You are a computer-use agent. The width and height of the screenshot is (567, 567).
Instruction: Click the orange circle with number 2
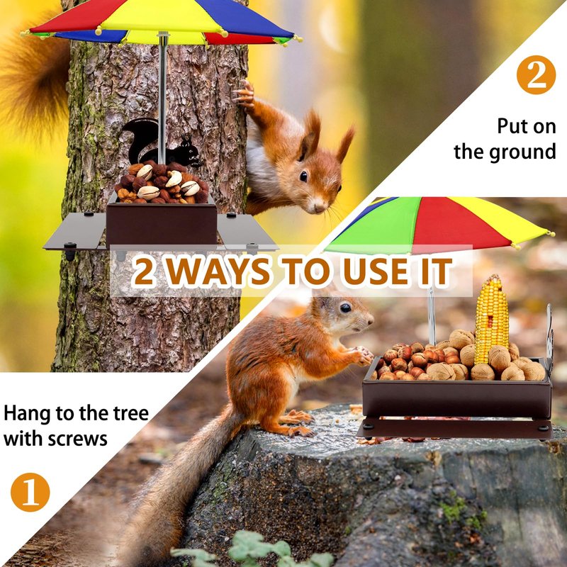536,75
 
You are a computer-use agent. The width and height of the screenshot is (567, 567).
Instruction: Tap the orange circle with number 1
30,492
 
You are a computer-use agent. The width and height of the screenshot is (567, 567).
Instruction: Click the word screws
77,439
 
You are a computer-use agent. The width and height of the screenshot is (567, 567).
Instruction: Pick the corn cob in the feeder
492,320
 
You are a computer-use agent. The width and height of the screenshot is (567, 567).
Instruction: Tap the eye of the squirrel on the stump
345,308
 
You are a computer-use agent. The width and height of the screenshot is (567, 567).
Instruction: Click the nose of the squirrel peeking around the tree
320,207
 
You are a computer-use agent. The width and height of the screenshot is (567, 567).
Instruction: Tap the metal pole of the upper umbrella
163,98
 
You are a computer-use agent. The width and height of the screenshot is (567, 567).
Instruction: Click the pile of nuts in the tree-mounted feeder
162,183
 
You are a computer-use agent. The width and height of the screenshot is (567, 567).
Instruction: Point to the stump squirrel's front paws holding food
363,357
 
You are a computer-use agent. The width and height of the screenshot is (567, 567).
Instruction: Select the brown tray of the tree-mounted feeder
162,223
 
